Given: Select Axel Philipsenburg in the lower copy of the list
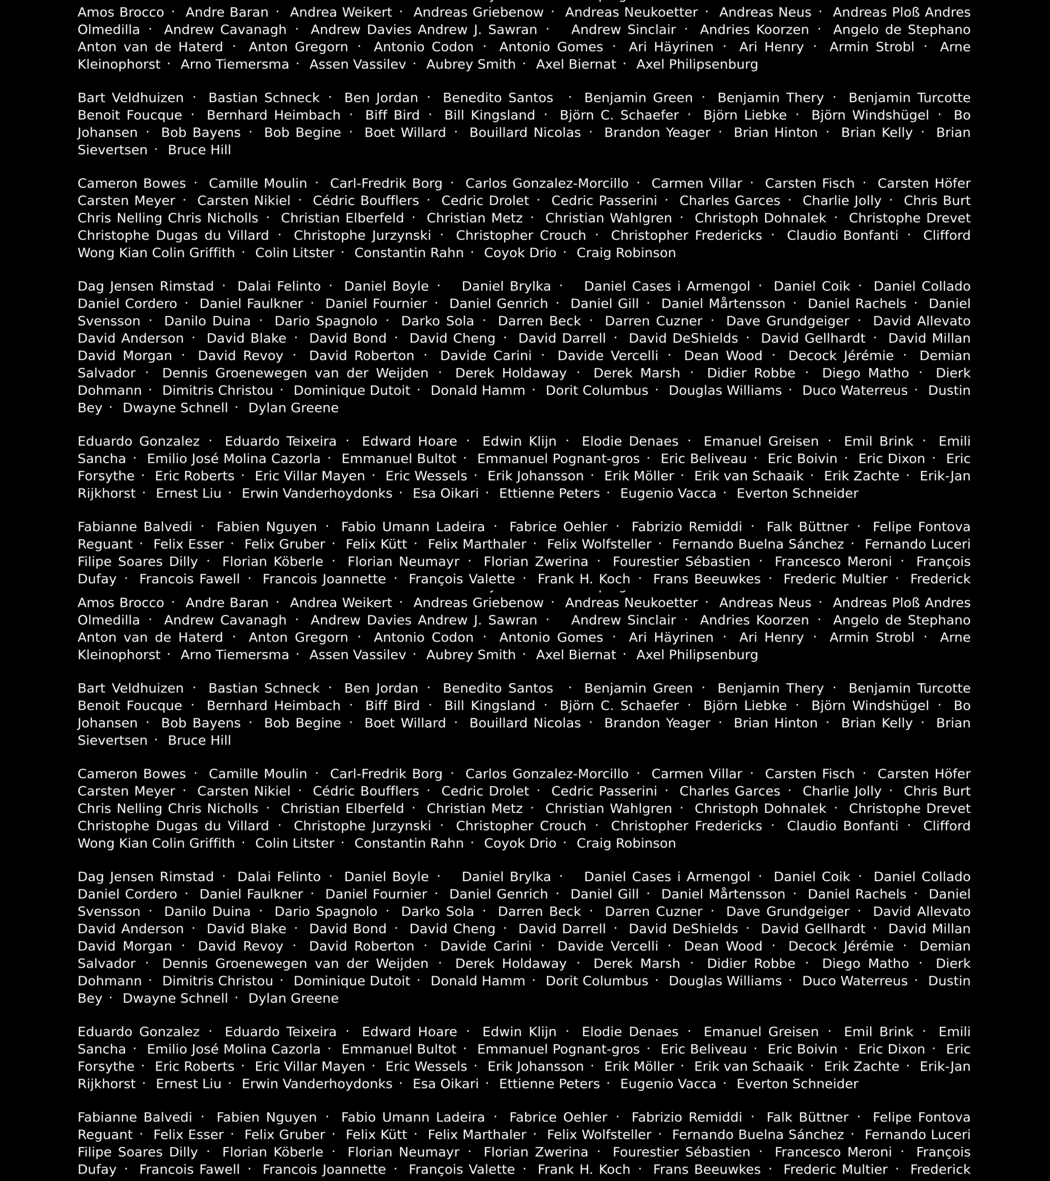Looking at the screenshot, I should pyautogui.click(x=697, y=655).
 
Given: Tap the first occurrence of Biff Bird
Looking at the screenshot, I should pyautogui.click(x=392, y=115).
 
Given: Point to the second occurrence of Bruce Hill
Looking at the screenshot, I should pyautogui.click(x=199, y=740).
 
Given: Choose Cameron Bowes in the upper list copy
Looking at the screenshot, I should pyautogui.click(x=132, y=183).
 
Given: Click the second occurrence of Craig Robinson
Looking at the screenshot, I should pyautogui.click(x=626, y=843).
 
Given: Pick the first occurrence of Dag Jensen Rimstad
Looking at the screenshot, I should pyautogui.click(x=146, y=286).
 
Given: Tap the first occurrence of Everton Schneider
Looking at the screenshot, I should pyautogui.click(x=797, y=493).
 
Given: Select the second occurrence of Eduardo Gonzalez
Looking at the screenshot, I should pyautogui.click(x=139, y=1031).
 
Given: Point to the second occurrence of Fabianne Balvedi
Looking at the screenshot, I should pyautogui.click(x=135, y=1117).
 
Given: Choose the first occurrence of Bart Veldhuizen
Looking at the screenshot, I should pyautogui.click(x=131, y=98).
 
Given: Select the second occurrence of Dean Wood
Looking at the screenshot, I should pyautogui.click(x=723, y=946).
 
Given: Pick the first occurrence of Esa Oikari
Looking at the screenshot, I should pyautogui.click(x=445, y=493).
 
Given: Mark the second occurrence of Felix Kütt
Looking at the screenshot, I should pyautogui.click(x=376, y=1134).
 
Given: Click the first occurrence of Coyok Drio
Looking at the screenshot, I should pyautogui.click(x=520, y=252).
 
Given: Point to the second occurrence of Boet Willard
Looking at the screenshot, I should pyautogui.click(x=405, y=723).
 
